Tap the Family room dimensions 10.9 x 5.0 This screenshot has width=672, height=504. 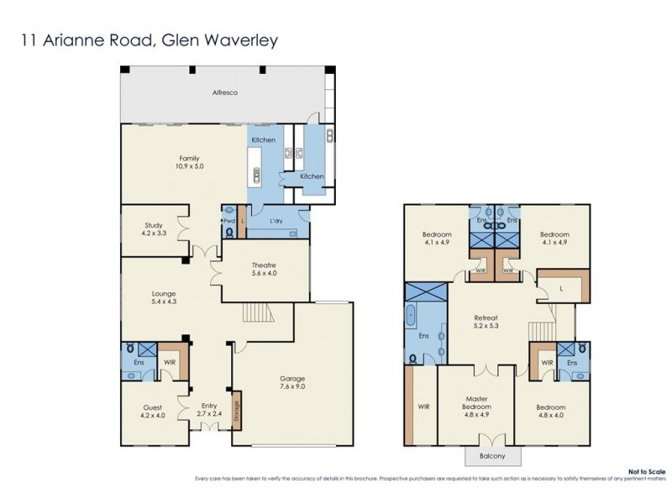pos(190,166)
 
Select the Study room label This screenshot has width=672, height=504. pos(153,225)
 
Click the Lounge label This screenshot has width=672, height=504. pos(164,293)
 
